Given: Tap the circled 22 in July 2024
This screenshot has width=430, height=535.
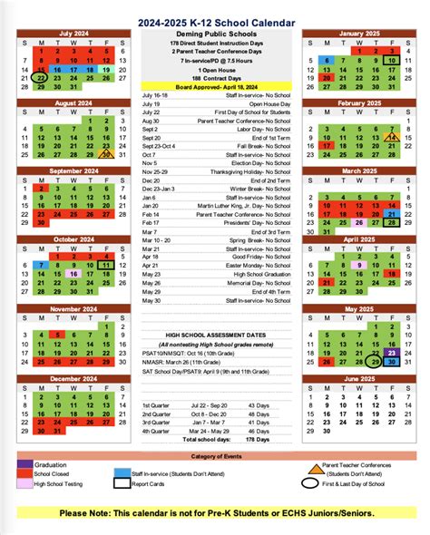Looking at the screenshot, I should [x=41, y=78].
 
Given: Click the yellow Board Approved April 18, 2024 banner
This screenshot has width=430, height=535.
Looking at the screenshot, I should [x=215, y=87].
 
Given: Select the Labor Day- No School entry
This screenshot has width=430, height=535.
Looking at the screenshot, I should [x=266, y=130].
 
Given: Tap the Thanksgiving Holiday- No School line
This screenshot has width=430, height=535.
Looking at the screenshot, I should [x=255, y=171].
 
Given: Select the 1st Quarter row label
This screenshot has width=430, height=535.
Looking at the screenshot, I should [x=155, y=404].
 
